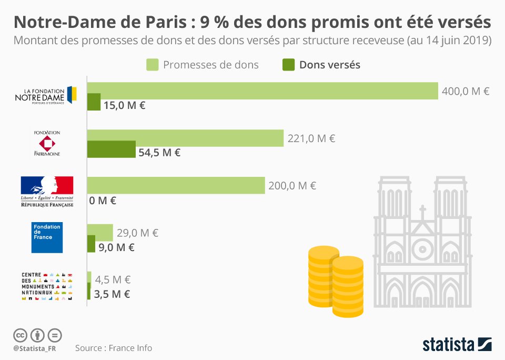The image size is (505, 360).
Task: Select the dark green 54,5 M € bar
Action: tap(111, 149)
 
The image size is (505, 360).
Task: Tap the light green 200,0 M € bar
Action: tap(176, 185)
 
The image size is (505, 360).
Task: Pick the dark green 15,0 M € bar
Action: tap(94, 102)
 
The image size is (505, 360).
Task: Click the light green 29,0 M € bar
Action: tap(100, 232)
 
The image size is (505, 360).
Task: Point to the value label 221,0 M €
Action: tap(311, 139)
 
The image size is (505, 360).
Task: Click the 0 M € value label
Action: tap(103, 200)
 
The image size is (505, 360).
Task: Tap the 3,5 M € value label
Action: tap(112, 294)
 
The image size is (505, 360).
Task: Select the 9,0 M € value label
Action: tap(116, 247)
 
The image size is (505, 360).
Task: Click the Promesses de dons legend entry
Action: tap(203, 65)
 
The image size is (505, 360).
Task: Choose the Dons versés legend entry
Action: tap(321, 65)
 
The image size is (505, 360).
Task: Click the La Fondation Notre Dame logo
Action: tap(46, 96)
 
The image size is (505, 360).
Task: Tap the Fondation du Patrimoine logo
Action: tap(47, 143)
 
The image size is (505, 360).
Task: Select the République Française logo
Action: tap(47, 191)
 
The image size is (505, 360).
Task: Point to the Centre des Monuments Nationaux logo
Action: tap(47, 286)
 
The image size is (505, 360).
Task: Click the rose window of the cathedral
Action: tap(422, 248)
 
